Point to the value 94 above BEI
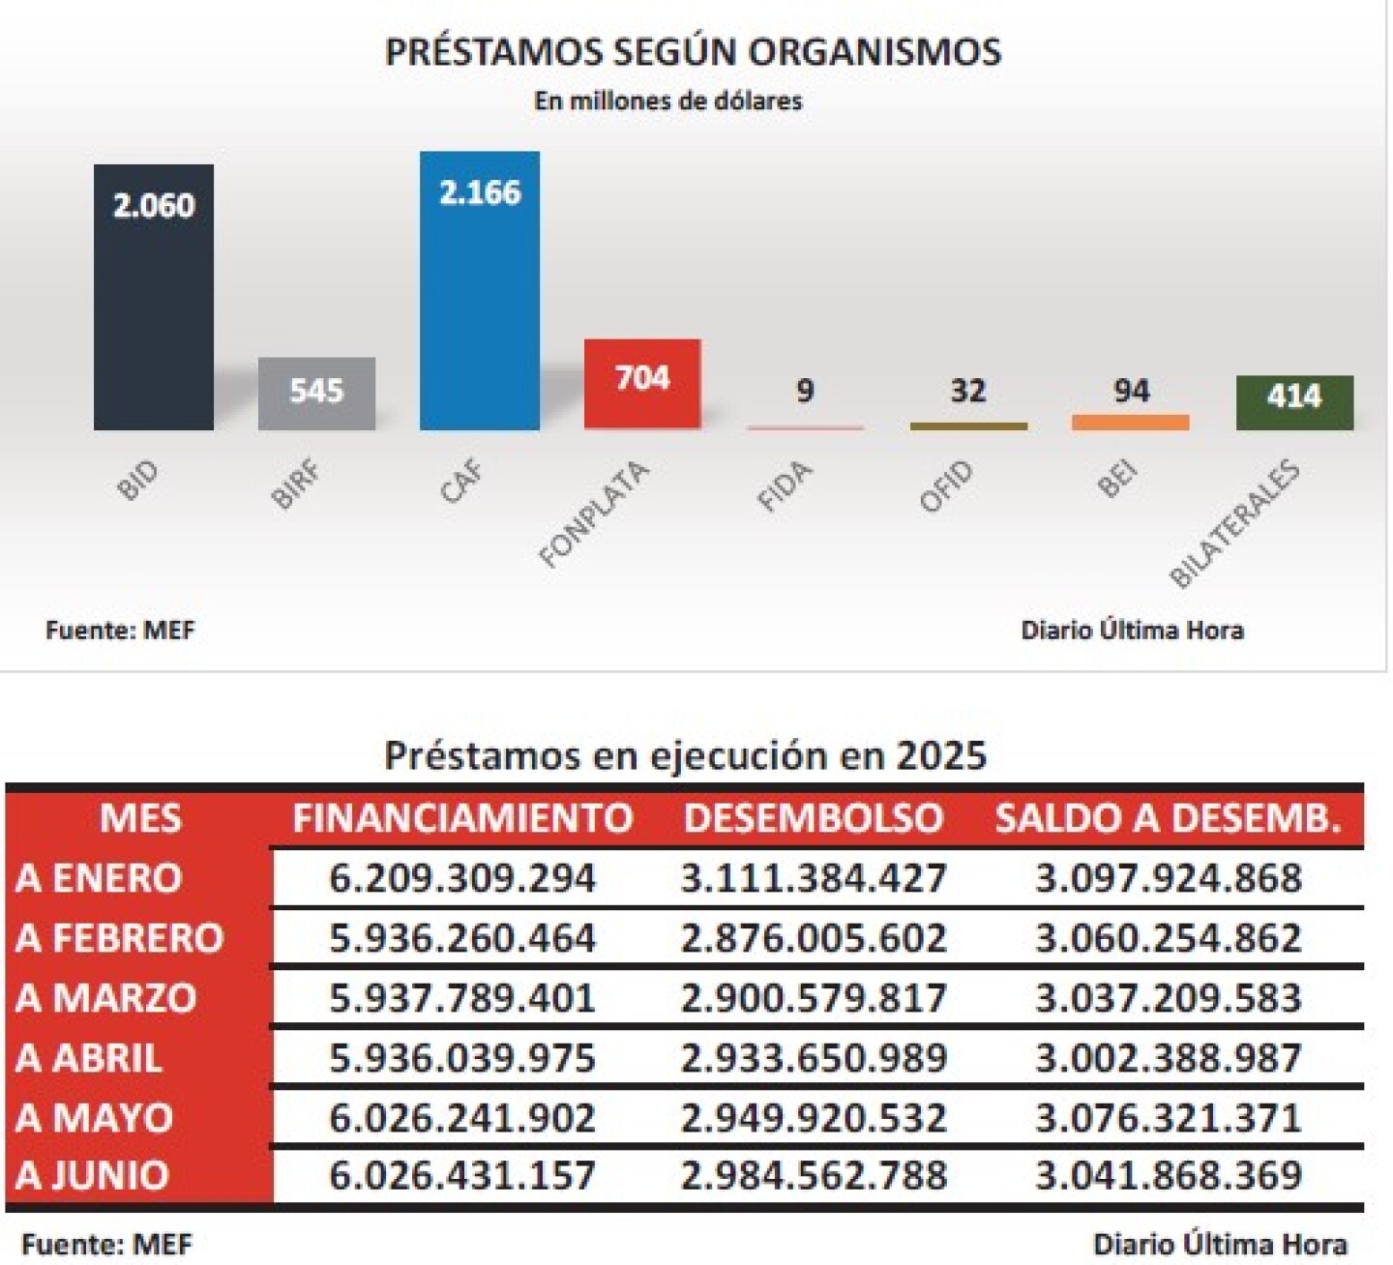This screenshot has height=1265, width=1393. coord(1131,391)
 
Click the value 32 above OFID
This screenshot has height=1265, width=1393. coord(967,391)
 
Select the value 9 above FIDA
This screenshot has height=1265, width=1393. coord(805,391)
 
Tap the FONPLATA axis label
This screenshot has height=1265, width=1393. coord(593,515)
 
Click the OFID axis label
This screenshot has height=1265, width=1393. coord(946,487)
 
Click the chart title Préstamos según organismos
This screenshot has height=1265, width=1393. coord(693,51)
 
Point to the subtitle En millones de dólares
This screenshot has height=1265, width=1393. coord(667,101)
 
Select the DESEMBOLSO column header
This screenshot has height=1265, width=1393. coord(813,818)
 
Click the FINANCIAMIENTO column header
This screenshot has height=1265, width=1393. coord(462,818)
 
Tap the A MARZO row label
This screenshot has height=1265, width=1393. coord(106,998)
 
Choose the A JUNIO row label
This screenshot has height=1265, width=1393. coord(93,1176)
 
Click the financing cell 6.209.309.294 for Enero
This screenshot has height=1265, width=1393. coord(462,878)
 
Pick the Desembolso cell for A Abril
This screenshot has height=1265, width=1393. coord(813,1058)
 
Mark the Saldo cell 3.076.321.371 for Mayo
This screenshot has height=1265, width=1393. coord(1169,1118)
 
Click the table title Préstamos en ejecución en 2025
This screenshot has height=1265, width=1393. coord(685,755)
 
